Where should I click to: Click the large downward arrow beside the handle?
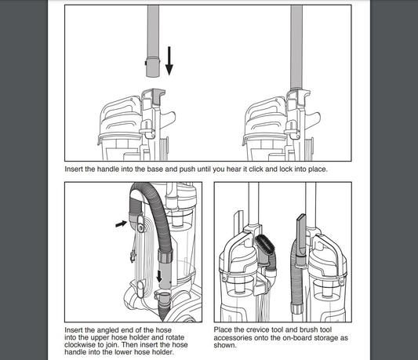coord(169,61)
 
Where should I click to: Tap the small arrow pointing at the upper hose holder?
coord(122,224)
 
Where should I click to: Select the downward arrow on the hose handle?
coord(159,276)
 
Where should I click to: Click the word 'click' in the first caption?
coord(256,169)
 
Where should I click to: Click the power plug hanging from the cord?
coord(132,257)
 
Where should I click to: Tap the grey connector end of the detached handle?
coord(153,67)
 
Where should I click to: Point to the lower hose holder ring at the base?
coord(163,295)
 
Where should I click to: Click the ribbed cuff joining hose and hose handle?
coord(165,255)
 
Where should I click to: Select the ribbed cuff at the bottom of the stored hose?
coord(296,308)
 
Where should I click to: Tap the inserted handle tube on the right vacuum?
coord(296,47)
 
